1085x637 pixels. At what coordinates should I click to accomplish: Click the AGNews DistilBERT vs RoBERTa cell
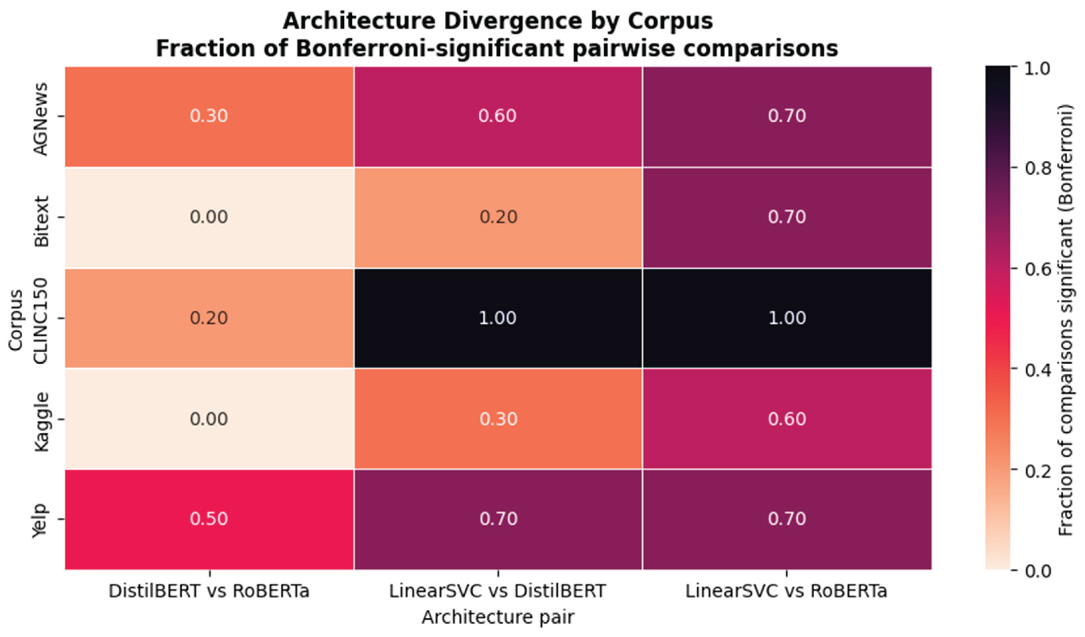click(209, 116)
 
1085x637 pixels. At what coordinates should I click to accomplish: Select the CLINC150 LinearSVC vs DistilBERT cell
click(498, 318)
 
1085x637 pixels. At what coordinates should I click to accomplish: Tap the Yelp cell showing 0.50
click(209, 519)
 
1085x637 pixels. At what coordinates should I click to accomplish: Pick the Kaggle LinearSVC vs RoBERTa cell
click(787, 419)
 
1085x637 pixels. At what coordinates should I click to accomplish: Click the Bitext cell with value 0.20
click(498, 217)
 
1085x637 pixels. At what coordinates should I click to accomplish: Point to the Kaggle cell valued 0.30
click(498, 419)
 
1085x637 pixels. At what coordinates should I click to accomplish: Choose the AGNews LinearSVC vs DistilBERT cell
click(498, 116)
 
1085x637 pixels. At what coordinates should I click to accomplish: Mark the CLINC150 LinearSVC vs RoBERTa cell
click(787, 318)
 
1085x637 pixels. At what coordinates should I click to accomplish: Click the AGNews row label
click(41, 119)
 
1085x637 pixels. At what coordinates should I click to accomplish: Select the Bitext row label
click(41, 222)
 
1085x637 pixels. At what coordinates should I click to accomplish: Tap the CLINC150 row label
click(41, 321)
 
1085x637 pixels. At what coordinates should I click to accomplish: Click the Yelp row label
click(41, 520)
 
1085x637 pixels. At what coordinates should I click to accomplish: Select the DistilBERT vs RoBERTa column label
click(209, 591)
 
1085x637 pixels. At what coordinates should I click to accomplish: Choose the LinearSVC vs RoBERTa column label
click(786, 591)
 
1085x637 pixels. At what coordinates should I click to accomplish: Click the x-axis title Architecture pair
click(498, 617)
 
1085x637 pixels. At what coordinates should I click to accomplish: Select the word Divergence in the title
click(511, 21)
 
